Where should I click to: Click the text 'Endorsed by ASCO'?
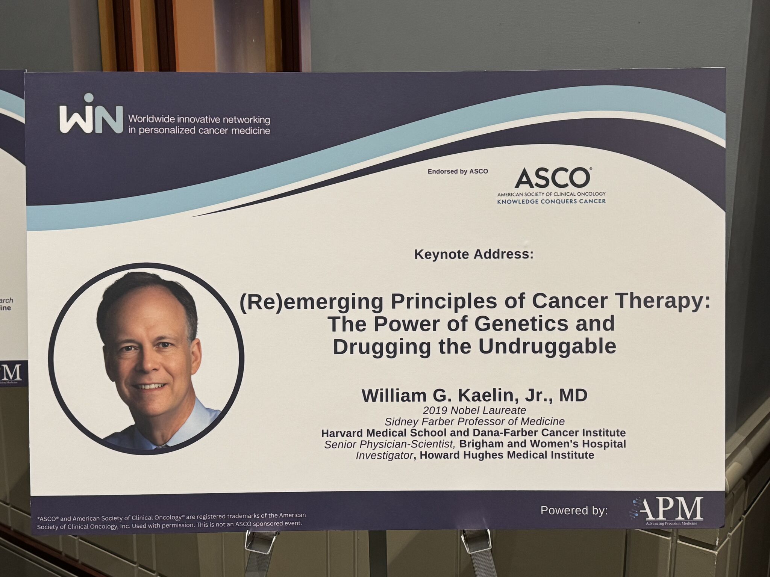(x=458, y=171)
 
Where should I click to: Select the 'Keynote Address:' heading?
(x=474, y=254)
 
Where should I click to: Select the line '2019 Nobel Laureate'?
(x=474, y=410)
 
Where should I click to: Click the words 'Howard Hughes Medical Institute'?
(x=507, y=455)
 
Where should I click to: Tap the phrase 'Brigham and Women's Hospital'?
(x=543, y=444)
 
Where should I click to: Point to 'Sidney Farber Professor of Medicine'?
(x=474, y=421)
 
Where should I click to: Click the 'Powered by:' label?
(x=574, y=511)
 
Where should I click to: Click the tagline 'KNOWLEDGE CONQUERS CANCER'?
(x=551, y=201)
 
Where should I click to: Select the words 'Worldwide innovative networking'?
(x=199, y=119)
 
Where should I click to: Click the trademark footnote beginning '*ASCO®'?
(x=171, y=521)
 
